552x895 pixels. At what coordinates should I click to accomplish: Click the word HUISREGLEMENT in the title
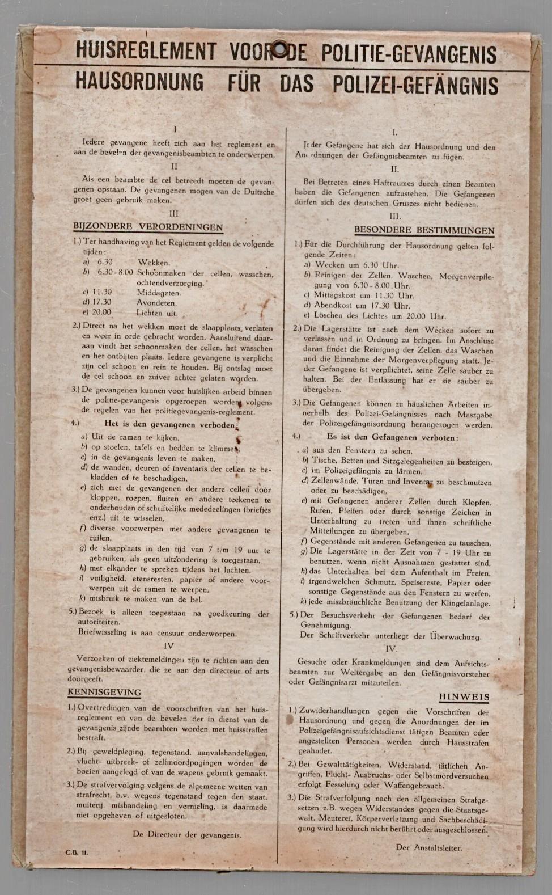point(146,52)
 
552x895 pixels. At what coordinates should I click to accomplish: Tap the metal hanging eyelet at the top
point(279,50)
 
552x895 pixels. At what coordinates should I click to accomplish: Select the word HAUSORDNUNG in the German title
point(139,83)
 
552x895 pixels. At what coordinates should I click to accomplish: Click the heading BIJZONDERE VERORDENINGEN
point(148,227)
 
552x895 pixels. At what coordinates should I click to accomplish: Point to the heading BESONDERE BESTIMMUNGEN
point(424,230)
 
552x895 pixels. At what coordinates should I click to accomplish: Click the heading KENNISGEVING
point(104,693)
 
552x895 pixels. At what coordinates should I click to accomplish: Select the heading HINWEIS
point(464,696)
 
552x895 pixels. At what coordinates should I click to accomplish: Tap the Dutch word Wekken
point(154,263)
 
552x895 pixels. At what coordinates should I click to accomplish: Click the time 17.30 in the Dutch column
point(100,302)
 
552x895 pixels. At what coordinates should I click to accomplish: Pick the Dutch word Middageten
point(159,293)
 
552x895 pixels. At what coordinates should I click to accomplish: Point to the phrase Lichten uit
point(157,313)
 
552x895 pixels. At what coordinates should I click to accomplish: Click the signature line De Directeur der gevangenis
point(187,834)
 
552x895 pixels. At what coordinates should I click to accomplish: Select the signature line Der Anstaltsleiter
point(429,848)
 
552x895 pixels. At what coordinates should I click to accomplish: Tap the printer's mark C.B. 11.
point(77,852)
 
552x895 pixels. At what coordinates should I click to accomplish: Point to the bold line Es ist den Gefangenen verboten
point(392,437)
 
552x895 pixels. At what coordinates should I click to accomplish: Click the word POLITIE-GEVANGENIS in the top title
point(409,54)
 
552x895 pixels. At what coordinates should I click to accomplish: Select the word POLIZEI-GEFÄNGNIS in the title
point(415,85)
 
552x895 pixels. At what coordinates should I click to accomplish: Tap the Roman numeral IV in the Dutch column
point(169,645)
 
